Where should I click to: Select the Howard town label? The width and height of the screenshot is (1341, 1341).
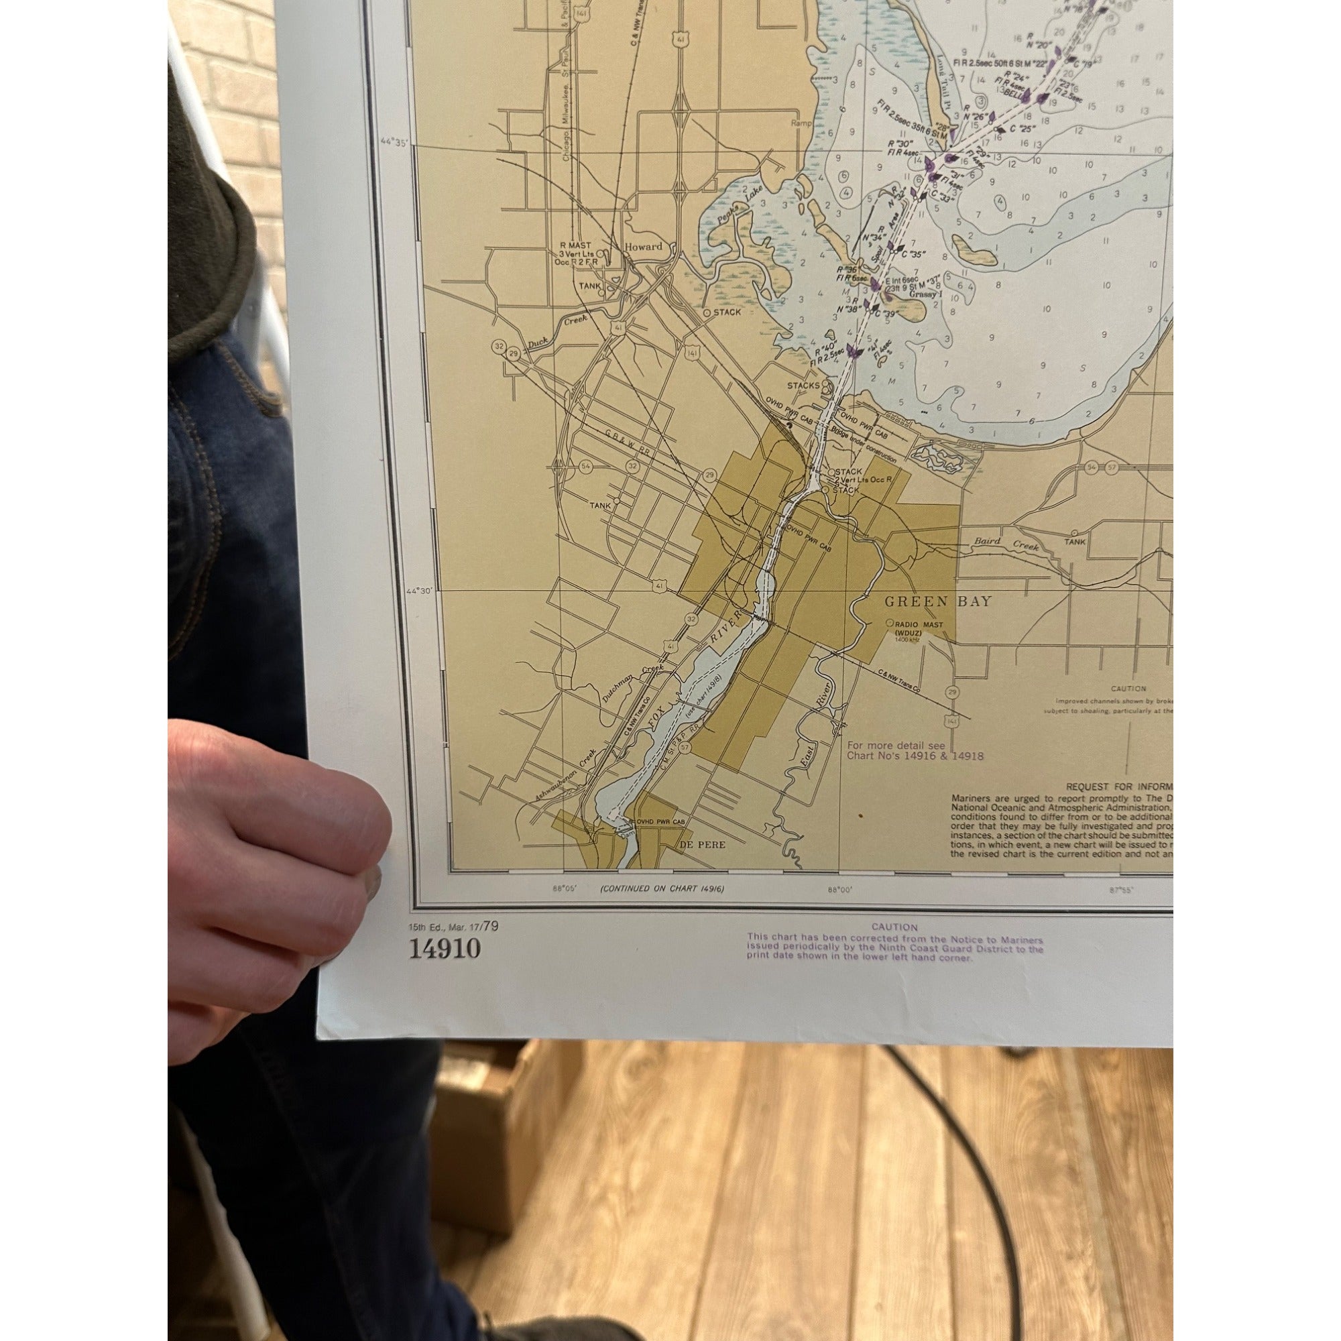pos(644,246)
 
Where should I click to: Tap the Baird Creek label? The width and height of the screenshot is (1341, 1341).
pos(1018,545)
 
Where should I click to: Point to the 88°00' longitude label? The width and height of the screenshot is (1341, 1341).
pos(839,888)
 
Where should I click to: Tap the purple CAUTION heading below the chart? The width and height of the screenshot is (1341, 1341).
pos(894,927)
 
